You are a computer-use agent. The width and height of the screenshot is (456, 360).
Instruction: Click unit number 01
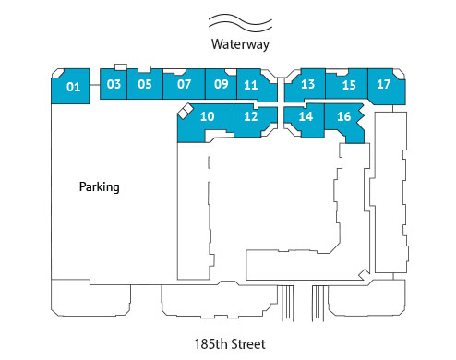(x=74, y=89)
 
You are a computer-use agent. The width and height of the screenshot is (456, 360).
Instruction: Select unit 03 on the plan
(x=114, y=84)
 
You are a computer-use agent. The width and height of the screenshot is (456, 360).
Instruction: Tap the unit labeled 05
(x=144, y=84)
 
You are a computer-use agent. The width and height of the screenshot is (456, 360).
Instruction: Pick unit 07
(x=184, y=84)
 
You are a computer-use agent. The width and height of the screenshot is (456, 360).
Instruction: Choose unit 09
(x=221, y=84)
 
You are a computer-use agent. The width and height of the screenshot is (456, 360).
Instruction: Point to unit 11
(x=250, y=85)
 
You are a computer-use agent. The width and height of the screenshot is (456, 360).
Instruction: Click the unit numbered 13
(x=308, y=85)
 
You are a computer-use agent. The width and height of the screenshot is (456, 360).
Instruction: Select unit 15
(x=348, y=85)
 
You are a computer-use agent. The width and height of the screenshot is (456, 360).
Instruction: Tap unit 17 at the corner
(x=385, y=84)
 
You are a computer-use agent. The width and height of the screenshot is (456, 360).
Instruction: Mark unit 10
(x=208, y=116)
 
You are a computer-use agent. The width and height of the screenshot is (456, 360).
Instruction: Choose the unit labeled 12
(x=250, y=116)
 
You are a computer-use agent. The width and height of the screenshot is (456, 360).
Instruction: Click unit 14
(x=306, y=116)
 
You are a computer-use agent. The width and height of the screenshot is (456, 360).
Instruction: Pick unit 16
(x=343, y=116)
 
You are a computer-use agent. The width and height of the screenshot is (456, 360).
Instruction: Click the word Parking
(x=100, y=186)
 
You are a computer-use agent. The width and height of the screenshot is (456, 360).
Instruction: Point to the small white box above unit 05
(x=144, y=68)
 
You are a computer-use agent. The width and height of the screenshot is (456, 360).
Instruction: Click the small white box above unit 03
(x=120, y=67)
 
